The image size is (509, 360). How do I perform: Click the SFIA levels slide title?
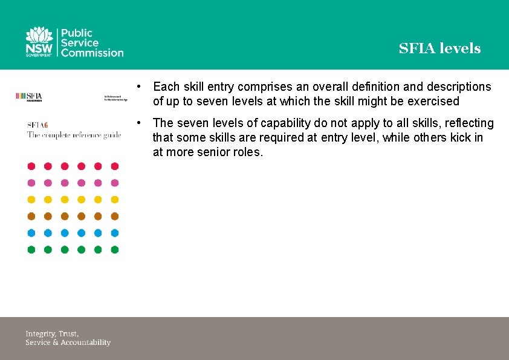(439, 48)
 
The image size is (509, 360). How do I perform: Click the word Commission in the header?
(91, 53)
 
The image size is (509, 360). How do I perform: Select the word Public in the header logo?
(76, 33)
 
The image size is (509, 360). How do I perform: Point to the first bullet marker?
(139, 87)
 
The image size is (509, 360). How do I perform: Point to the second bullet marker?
(139, 123)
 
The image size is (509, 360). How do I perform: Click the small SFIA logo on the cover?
(28, 96)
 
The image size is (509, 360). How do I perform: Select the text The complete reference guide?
(74, 135)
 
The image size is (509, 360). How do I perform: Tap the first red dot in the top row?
(31, 166)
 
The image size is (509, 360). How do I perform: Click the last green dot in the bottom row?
(114, 249)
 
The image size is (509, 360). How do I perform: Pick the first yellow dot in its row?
(31, 200)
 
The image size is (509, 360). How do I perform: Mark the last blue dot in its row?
(114, 233)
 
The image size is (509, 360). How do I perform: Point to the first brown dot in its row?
(31, 216)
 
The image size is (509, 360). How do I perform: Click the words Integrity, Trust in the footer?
(52, 333)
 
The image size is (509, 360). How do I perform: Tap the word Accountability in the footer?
(85, 342)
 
